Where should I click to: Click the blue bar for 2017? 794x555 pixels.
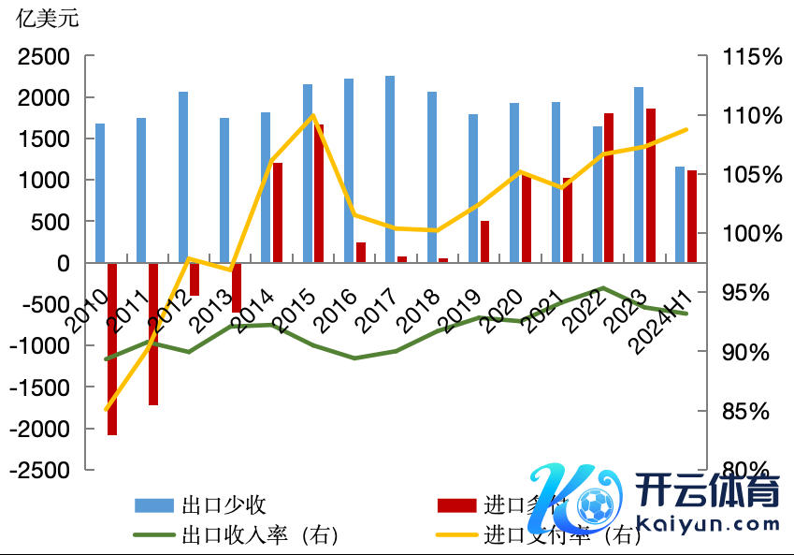390,168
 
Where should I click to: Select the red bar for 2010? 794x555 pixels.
112,349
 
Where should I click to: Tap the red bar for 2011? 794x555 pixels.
153,334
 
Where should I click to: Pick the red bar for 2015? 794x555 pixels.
319,194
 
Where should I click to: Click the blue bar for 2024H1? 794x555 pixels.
680,215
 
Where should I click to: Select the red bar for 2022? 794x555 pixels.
609,187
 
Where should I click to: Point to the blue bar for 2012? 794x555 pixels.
183,177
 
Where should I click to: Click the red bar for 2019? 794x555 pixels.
484,241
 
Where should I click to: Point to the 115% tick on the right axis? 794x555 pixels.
751,57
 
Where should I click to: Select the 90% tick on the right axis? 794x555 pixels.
751,353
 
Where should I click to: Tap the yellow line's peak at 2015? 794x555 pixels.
312,115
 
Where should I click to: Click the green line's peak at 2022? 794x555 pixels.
603,288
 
